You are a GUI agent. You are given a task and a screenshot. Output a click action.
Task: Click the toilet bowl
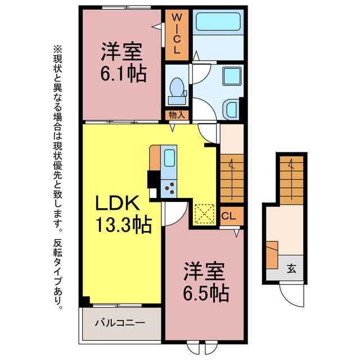177,87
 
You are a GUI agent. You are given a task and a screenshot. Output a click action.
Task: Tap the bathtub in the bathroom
218,21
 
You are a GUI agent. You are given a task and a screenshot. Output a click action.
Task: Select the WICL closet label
177,33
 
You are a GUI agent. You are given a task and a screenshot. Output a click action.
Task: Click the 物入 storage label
177,115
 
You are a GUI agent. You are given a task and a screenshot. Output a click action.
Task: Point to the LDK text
118,202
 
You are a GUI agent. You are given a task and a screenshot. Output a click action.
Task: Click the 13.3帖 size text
124,224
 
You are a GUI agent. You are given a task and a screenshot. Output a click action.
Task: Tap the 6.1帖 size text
123,74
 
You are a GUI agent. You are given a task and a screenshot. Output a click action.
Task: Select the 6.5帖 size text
206,293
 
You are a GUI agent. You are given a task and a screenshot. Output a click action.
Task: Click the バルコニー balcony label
120,323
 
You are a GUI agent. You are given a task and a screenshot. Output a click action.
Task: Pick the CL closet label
229,216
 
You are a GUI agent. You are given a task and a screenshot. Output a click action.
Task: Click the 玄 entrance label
291,269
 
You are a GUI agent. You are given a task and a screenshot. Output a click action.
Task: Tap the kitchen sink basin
170,158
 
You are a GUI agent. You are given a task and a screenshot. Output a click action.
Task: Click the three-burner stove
169,188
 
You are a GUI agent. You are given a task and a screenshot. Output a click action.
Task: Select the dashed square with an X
204,214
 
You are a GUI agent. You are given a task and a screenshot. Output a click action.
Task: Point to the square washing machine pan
232,76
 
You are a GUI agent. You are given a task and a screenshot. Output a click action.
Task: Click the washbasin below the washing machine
231,110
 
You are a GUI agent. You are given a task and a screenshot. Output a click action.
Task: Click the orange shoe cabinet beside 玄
272,255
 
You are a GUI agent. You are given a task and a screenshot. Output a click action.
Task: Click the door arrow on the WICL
156,26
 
